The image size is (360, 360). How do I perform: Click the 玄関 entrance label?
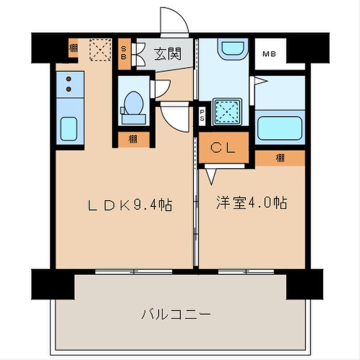click(x=168, y=54)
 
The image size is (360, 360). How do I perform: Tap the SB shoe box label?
click(x=123, y=53)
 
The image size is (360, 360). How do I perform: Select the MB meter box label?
click(x=269, y=54)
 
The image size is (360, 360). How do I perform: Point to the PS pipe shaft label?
click(x=202, y=115)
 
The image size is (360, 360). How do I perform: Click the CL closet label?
click(x=223, y=148)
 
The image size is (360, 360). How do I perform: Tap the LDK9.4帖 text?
click(x=130, y=205)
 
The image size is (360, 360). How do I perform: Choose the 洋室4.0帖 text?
click(x=251, y=203)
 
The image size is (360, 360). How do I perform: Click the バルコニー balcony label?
click(x=176, y=314)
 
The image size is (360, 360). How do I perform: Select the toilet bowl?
click(x=134, y=103)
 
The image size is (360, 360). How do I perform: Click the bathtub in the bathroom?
click(x=280, y=128)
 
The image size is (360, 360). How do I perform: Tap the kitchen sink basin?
click(x=68, y=129)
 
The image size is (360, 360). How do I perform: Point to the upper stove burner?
click(x=68, y=79)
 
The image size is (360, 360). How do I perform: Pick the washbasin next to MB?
click(x=233, y=49)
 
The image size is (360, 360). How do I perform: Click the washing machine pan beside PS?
click(x=227, y=112)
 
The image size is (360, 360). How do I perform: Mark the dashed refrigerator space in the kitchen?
click(x=100, y=50)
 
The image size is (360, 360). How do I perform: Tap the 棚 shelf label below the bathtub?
click(x=280, y=158)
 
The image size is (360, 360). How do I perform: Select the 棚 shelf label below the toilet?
click(x=133, y=139)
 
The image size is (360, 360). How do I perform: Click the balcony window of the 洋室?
click(x=246, y=272)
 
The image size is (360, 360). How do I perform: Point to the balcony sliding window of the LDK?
click(x=134, y=272)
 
